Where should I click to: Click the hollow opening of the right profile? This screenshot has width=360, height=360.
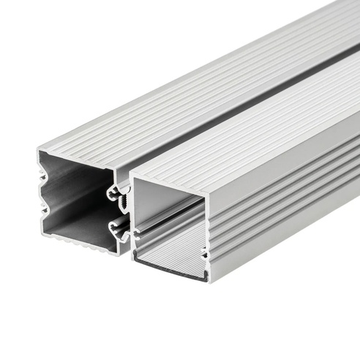pos(168,220)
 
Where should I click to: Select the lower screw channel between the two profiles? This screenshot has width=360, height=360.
pos(118,230)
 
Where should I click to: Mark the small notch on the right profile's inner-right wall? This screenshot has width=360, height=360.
pos(203,252)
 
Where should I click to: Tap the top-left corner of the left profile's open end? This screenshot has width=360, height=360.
pos(38,151)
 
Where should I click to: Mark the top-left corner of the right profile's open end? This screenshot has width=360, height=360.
pos(130,178)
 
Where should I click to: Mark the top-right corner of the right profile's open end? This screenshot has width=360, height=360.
pos(206,196)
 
